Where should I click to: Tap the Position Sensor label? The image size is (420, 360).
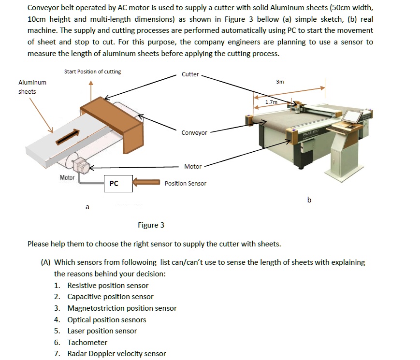point(185,183)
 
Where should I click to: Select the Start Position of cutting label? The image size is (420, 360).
point(92,72)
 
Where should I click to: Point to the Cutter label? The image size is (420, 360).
point(190,74)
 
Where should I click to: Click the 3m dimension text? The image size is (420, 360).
point(280,82)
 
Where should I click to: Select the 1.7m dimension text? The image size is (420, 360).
point(272,102)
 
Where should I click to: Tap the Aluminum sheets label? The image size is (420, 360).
point(32,87)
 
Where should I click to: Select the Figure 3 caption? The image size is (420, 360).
point(151,225)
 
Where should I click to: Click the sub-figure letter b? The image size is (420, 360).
point(309,200)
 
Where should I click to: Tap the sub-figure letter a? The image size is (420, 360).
point(87,207)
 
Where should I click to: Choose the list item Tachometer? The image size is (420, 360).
point(87,342)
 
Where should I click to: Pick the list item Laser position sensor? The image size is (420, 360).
point(102,331)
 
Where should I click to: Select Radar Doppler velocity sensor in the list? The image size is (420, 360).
point(116,354)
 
